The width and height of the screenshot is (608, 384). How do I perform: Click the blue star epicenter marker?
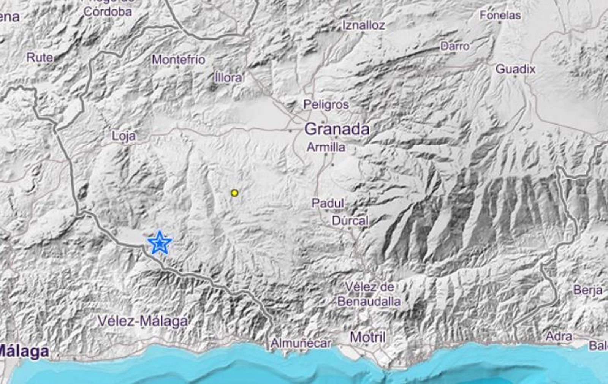[160, 243]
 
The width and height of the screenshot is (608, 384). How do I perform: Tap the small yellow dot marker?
[235, 193]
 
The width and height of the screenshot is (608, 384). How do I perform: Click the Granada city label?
[337, 129]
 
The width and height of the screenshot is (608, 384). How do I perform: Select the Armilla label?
[326, 147]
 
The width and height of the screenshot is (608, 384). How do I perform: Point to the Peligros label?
[326, 104]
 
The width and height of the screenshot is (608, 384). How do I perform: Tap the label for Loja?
[124, 136]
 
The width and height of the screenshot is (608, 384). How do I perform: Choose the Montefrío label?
[178, 60]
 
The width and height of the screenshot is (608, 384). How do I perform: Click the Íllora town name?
[228, 77]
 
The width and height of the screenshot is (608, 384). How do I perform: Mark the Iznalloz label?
[364, 25]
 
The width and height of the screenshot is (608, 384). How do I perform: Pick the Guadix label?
[515, 69]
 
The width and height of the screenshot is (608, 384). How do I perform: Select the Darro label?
[455, 46]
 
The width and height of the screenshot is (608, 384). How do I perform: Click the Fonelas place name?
[500, 15]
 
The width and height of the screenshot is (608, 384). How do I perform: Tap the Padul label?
[328, 203]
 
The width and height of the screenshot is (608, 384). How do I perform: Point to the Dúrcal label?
[350, 221]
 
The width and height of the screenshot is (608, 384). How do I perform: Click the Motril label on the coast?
[367, 337]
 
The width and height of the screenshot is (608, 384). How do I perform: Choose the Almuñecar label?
[301, 343]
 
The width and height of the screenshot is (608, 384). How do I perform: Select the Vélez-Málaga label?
[142, 321]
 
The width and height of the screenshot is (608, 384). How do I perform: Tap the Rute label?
[40, 58]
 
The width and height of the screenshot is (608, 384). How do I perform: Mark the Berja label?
[588, 291]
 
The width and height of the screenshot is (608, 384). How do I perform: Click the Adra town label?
[559, 336]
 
